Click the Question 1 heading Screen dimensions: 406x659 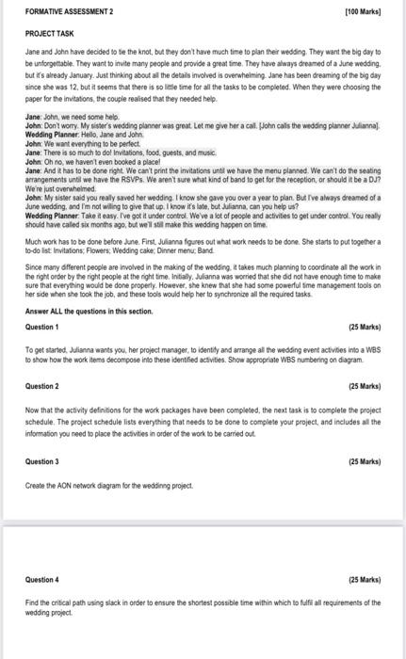[x=41, y=327]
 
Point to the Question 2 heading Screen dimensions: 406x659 [x=41, y=386]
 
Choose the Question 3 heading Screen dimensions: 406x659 [x=41, y=461]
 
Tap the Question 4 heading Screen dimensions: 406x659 [x=41, y=580]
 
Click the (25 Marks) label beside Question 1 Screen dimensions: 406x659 [x=365, y=327]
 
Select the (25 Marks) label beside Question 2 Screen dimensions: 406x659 [x=365, y=386]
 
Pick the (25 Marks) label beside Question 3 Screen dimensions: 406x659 [x=365, y=461]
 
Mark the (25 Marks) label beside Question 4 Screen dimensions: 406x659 [x=365, y=580]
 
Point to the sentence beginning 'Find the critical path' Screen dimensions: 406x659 [x=203, y=603]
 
